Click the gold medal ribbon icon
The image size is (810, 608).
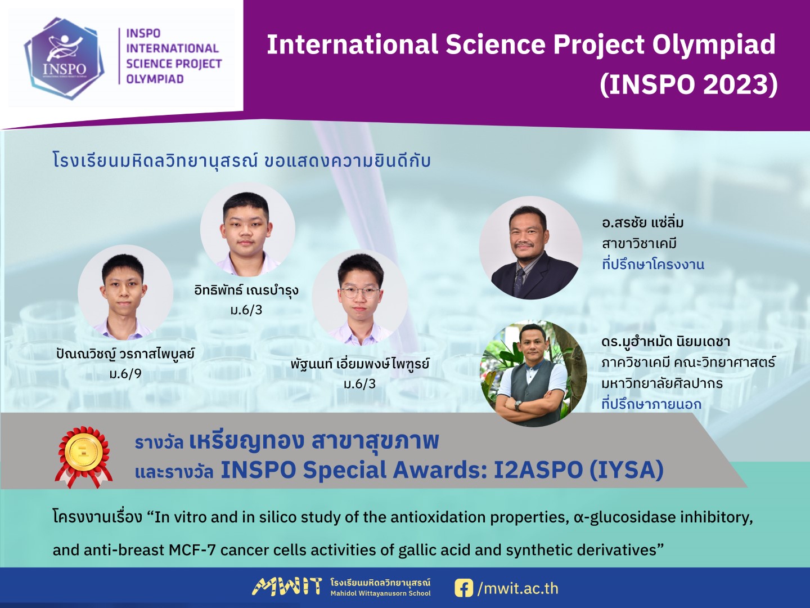(83, 456)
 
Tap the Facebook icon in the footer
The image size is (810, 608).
(463, 588)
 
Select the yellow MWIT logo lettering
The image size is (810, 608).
(287, 587)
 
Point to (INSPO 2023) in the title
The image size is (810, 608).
(688, 84)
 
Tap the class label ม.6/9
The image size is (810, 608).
(125, 374)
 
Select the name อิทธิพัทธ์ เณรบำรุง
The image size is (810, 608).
(246, 290)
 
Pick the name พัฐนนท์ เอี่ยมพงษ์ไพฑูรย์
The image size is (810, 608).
(360, 364)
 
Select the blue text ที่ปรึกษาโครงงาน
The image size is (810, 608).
(653, 264)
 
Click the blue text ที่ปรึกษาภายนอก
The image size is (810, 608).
(651, 404)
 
